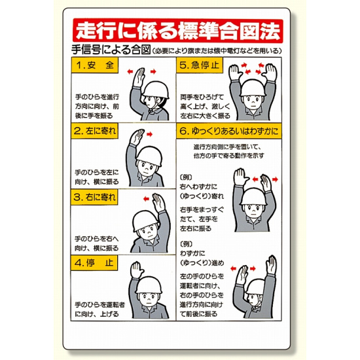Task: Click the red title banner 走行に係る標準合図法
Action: (x=177, y=31)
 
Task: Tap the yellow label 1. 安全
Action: (x=95, y=65)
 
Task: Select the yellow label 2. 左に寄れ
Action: (x=95, y=131)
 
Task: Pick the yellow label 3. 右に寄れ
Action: (x=94, y=197)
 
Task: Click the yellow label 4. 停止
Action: (x=94, y=263)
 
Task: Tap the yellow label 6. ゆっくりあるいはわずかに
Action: (x=228, y=131)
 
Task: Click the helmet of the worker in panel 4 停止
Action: (x=149, y=285)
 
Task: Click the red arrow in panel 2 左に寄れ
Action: (x=149, y=134)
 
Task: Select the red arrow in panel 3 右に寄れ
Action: (x=146, y=199)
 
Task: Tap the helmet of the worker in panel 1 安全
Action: (x=156, y=90)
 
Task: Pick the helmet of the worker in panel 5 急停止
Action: (x=253, y=88)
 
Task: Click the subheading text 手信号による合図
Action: (x=111, y=50)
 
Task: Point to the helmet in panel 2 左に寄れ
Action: (x=149, y=156)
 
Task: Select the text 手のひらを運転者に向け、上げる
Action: (x=100, y=309)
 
